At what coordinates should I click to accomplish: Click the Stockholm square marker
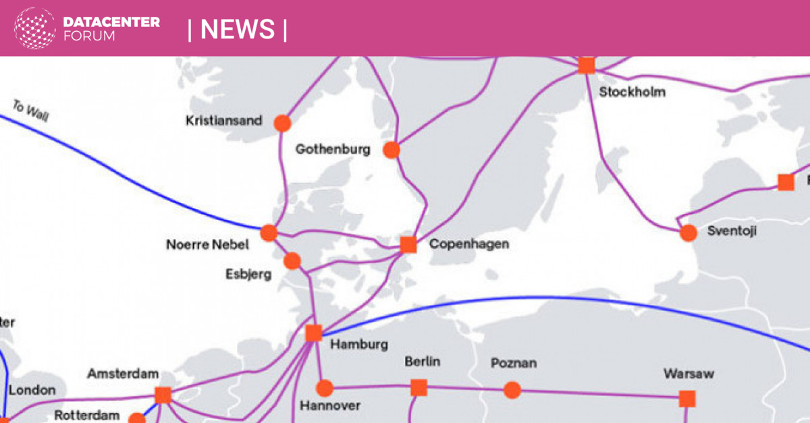[x=586, y=65]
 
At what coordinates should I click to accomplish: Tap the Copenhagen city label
[x=468, y=244]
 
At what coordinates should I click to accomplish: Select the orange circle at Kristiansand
[x=282, y=123]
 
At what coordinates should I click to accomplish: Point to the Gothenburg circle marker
[x=391, y=150]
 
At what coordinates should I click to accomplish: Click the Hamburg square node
[x=314, y=333]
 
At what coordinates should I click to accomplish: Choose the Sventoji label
[x=732, y=231]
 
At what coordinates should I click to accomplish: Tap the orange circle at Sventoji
[x=688, y=233]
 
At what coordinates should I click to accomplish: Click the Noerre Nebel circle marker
[x=269, y=233]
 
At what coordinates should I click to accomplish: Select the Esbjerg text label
[x=248, y=274]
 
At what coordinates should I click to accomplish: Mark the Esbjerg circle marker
[x=292, y=261]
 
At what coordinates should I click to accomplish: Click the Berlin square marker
[x=418, y=388]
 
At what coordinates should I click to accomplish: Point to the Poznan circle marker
[x=512, y=390]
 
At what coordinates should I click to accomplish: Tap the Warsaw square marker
[x=687, y=399]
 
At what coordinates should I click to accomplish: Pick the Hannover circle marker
[x=325, y=388]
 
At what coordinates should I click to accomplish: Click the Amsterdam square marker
[x=163, y=395]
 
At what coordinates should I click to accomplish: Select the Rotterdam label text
[x=87, y=416]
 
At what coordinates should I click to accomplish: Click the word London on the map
[x=32, y=390]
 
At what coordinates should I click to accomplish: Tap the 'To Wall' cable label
[x=31, y=111]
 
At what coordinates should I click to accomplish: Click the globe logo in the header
[x=35, y=28]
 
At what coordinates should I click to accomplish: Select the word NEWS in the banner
[x=238, y=29]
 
